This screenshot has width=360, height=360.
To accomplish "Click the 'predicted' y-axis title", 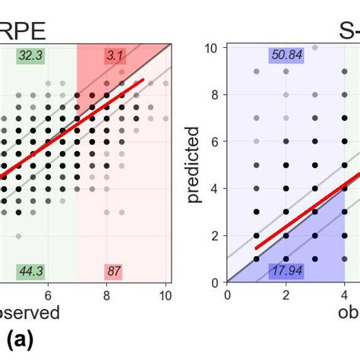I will pos(195,165).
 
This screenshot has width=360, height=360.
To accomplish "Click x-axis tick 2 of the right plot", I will pos(286,295).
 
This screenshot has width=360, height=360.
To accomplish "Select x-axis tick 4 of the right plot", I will pos(344,295).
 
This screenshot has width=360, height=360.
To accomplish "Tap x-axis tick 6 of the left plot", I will pos(48,295).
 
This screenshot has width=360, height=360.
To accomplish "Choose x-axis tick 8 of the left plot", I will pos(107,295).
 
